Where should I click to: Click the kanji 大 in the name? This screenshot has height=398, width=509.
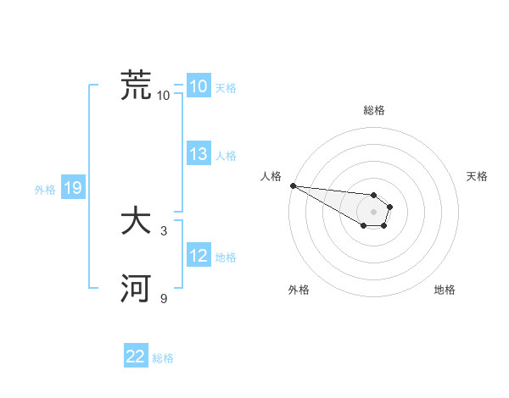(136, 222)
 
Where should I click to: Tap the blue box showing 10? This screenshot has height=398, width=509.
(198, 86)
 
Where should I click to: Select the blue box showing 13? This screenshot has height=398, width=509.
(198, 154)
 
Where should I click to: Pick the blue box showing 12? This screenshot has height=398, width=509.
(198, 257)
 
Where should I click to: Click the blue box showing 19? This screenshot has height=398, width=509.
(72, 189)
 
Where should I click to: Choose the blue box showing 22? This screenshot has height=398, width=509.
(136, 357)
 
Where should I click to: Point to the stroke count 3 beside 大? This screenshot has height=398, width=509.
(164, 230)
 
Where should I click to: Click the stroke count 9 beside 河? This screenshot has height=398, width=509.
(164, 298)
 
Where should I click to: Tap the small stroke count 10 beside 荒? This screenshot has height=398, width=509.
(164, 95)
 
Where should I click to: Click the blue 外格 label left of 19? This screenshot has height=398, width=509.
(45, 190)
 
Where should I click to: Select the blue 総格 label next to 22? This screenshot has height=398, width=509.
(163, 358)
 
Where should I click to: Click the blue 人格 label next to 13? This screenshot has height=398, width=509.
(226, 156)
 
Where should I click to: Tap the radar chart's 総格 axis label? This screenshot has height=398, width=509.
(374, 110)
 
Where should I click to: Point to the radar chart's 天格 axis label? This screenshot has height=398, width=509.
(478, 176)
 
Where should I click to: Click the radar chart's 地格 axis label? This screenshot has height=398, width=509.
(445, 290)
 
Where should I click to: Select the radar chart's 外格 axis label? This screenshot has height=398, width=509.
(299, 290)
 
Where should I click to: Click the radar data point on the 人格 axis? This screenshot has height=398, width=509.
(292, 185)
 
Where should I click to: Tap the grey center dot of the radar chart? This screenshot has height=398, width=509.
(374, 212)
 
